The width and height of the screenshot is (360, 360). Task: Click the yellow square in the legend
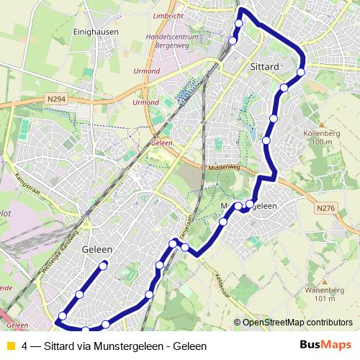[x=9, y=346]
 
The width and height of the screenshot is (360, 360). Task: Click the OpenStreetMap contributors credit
[x=297, y=323]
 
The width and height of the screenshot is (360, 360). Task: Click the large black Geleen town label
[x=97, y=249]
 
